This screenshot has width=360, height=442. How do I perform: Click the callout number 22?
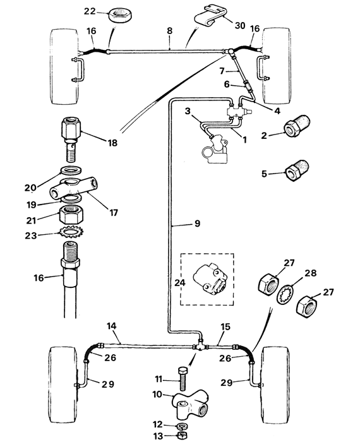(x=90, y=11)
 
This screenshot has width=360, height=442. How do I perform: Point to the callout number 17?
(x=114, y=213)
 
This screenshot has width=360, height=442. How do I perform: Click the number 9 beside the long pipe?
(x=196, y=223)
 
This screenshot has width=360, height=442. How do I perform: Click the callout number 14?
(x=112, y=326)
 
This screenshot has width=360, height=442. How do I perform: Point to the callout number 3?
(x=188, y=112)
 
